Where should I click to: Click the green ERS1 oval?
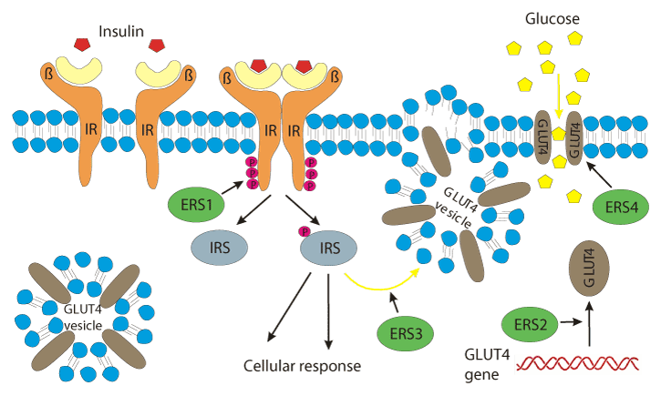(202, 204)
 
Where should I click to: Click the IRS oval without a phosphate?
(218, 249)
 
